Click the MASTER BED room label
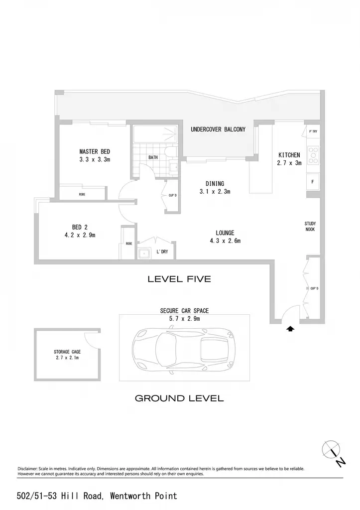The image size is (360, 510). [95, 151]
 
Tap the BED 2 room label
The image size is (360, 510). [80, 227]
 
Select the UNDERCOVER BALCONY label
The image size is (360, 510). [218, 129]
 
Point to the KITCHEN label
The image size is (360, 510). [289, 155]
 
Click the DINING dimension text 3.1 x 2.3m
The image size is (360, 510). [215, 192]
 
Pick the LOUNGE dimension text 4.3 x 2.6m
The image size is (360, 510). [225, 241]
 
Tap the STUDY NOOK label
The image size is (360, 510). [310, 227]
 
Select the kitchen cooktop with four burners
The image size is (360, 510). [313, 155]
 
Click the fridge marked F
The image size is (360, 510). [313, 182]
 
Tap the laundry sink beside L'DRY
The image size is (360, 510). [143, 254]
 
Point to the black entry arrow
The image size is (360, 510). [290, 329]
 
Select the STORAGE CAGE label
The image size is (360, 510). [67, 352]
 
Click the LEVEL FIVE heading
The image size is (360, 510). [179, 279]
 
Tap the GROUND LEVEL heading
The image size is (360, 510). [179, 398]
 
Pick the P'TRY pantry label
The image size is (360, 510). [313, 131]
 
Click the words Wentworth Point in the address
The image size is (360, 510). [143, 496]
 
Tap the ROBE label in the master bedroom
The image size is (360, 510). [82, 195]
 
